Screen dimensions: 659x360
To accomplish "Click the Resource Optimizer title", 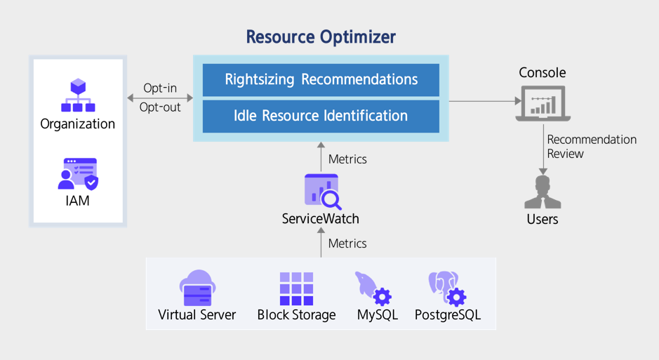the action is pos(321,37).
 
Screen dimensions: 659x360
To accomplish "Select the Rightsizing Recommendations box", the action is pos(321,80).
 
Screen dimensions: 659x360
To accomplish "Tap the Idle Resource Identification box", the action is pos(321,116).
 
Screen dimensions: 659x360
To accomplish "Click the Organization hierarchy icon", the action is pos(78,95).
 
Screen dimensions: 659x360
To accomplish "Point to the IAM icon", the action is pos(78,174).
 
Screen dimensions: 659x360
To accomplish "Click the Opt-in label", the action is pos(160,88).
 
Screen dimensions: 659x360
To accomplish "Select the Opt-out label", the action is pos(160,107).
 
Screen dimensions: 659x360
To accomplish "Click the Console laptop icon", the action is pos(543,104).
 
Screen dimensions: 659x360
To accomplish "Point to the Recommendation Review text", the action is pos(592,147).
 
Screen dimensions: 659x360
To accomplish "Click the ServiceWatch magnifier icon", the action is pos(323,192).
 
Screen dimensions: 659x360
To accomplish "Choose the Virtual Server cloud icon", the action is pos(197,288).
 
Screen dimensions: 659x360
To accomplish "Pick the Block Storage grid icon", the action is pos(296,288).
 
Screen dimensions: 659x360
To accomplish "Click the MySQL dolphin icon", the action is pos(373,288).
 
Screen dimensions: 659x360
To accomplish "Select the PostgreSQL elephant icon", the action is pos(447,288).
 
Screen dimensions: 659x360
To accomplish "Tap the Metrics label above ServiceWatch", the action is pos(347,159).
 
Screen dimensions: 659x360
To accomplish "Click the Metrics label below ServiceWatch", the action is pos(347,244).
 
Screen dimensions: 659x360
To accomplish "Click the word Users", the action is pos(542,219).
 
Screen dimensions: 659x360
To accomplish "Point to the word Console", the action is pos(542,73).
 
